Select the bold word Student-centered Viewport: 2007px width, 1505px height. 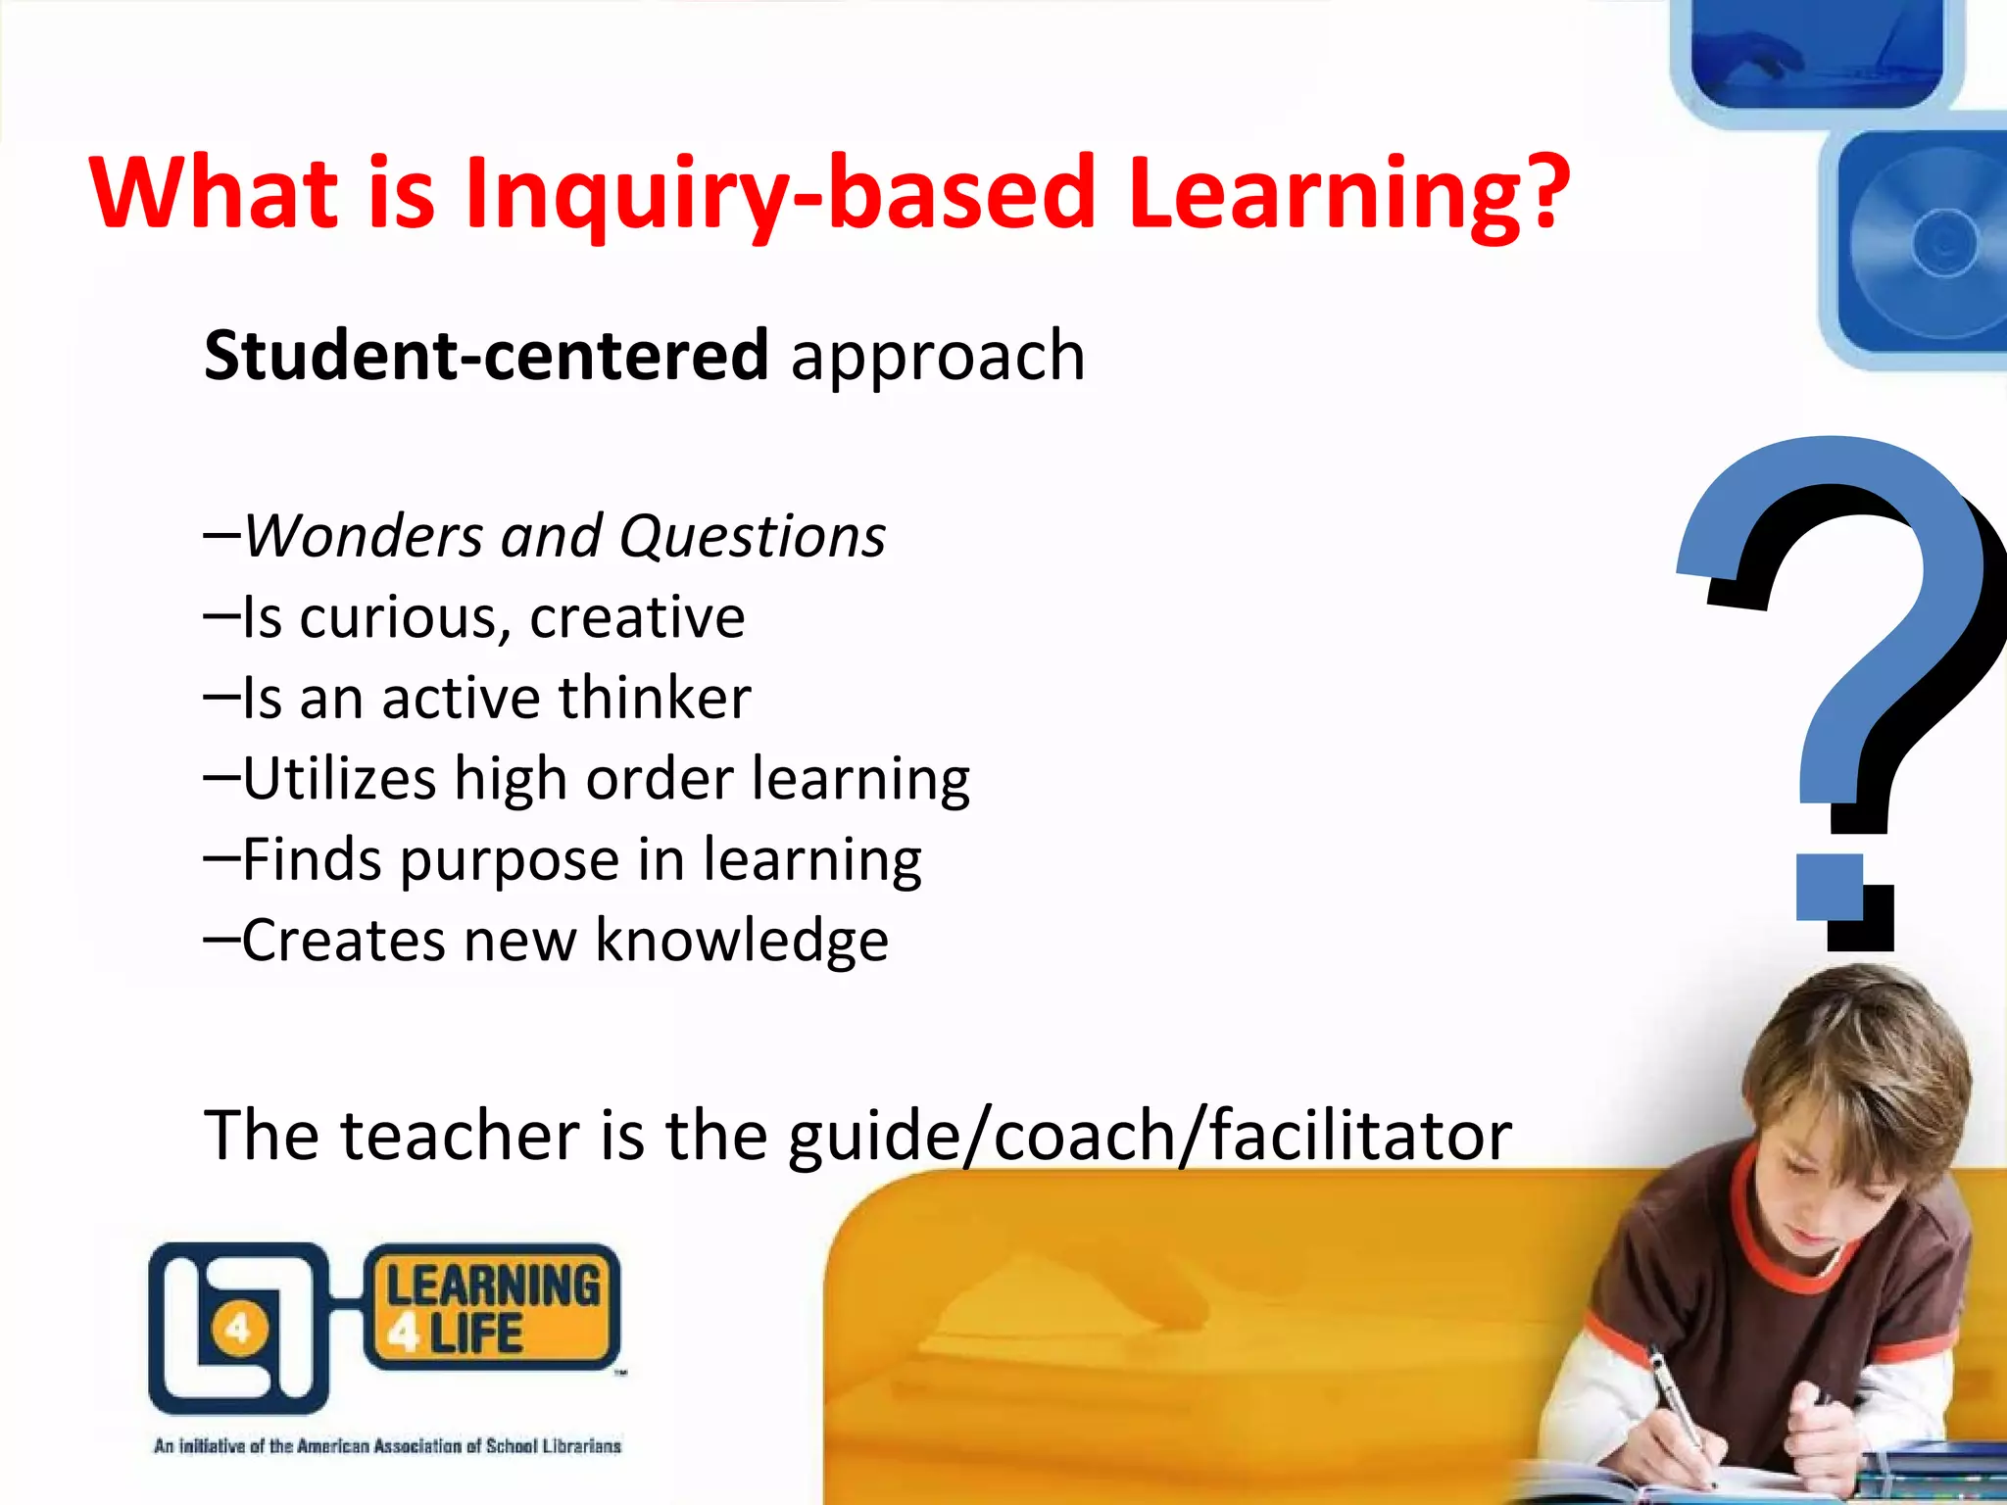point(486,355)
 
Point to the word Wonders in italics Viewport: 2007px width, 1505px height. point(363,536)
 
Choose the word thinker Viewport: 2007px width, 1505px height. point(655,698)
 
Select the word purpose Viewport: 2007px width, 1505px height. point(510,861)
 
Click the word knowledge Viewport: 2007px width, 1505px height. point(742,942)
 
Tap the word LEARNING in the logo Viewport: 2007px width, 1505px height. point(493,1286)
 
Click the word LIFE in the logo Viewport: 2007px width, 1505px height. point(476,1334)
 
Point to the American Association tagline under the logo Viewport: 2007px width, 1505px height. point(387,1445)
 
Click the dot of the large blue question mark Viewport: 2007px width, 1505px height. point(1829,887)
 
